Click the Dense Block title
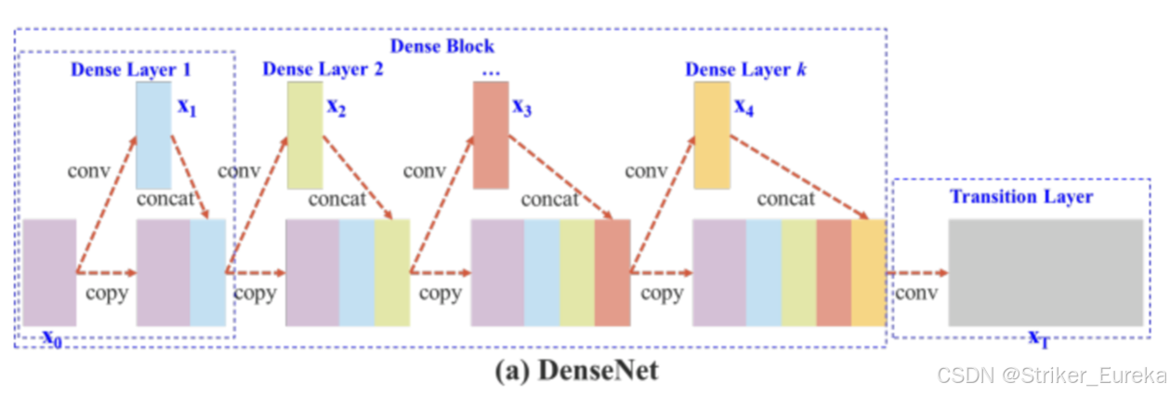click(441, 46)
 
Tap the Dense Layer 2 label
click(322, 69)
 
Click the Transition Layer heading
click(1020, 196)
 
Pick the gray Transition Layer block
click(1045, 272)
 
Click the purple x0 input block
click(49, 272)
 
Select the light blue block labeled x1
click(153, 136)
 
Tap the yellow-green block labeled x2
click(305, 136)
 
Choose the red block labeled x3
click(492, 136)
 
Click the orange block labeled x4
click(713, 136)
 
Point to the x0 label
click(54, 336)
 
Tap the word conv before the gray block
click(915, 294)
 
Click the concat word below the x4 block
click(785, 199)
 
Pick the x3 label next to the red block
click(522, 107)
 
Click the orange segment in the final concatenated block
click(868, 272)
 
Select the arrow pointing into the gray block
click(918, 272)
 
